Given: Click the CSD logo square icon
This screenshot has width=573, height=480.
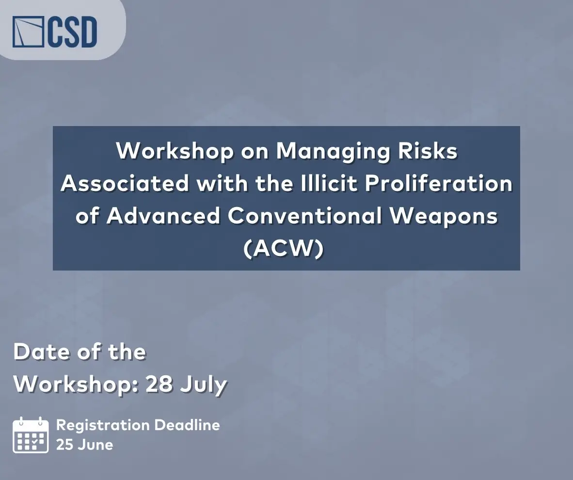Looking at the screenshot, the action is point(28,32).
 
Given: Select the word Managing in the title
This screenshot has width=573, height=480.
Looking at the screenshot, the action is point(333,151).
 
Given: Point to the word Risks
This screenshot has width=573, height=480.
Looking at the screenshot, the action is point(428,150).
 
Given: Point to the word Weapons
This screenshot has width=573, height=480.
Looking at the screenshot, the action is point(443,216).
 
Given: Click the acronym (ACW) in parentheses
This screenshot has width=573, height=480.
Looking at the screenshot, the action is point(284,248).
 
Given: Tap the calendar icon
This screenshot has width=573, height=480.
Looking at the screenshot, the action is point(31,435).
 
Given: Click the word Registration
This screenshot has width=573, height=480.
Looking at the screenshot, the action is point(103,426).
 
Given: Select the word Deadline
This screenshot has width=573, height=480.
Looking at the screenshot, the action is point(187,425).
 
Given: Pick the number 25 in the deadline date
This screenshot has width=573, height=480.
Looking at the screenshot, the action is point(64,445).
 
